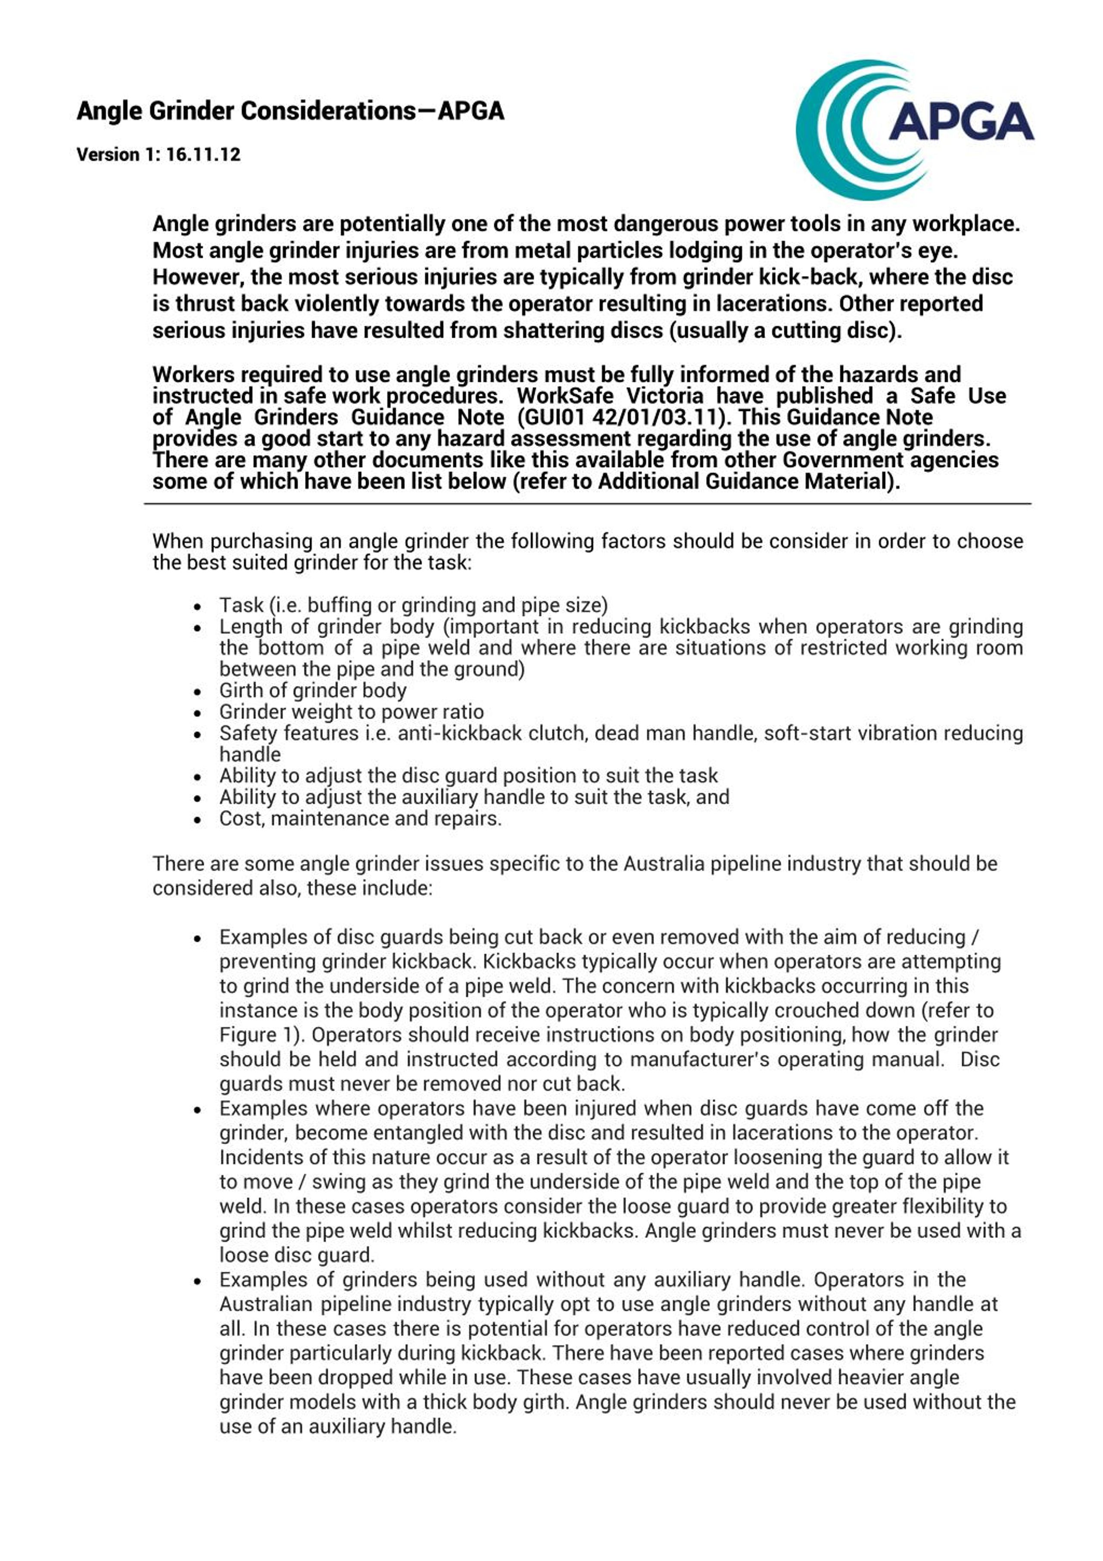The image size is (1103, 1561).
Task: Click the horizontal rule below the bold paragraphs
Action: tap(587, 504)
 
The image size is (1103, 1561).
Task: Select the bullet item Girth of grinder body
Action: tap(313, 690)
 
